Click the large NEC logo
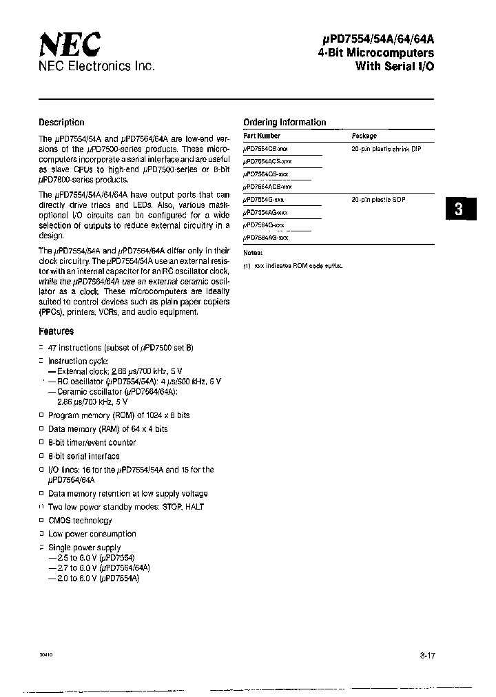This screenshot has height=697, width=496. (69, 45)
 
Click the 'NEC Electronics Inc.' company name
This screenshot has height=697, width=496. (96, 67)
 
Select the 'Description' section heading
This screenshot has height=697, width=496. (61, 123)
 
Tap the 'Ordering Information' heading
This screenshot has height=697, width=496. (285, 123)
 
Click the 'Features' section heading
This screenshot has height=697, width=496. (56, 331)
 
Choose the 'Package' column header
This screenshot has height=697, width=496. (364, 136)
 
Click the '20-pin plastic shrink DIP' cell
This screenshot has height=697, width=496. (386, 149)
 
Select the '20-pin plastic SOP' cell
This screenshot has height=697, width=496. (378, 200)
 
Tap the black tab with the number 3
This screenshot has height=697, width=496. (458, 209)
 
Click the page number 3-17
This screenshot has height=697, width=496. (427, 656)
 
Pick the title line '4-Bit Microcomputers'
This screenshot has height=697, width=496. (376, 53)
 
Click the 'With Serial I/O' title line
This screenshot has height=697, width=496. (395, 66)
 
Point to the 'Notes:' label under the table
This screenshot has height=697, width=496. (253, 253)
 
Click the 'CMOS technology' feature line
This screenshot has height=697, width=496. (80, 521)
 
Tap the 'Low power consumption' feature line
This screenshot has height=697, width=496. (92, 534)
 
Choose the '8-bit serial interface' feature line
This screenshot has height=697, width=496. (83, 456)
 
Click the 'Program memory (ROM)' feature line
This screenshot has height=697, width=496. (118, 415)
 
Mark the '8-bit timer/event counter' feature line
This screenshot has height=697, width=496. (92, 443)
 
